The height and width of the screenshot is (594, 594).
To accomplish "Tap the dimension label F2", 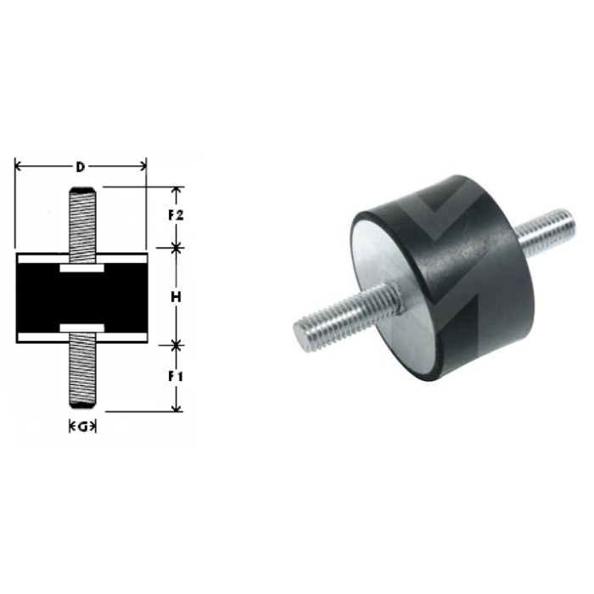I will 177,216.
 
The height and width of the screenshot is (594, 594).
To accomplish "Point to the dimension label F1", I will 177,375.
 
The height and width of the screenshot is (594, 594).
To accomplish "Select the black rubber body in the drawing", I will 81,297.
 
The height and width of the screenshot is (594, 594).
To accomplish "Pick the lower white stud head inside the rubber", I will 81,327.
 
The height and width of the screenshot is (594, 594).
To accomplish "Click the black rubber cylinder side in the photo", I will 475,272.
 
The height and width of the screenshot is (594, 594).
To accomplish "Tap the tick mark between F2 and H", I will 177,248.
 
